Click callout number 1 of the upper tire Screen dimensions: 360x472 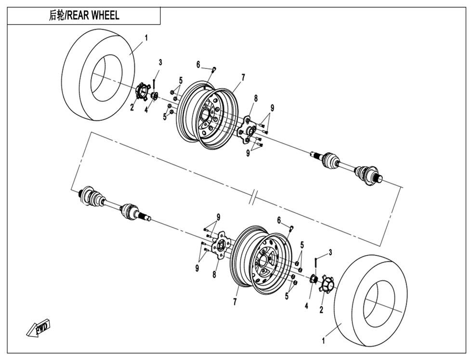[146, 38]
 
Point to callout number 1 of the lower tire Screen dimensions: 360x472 [323, 341]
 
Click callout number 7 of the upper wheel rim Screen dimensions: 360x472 [243, 77]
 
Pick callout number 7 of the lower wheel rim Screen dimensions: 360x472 [235, 302]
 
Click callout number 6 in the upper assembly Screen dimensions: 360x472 [198, 64]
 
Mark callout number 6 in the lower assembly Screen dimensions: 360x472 [279, 220]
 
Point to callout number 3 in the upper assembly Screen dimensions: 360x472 [160, 63]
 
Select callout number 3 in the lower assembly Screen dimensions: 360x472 [330, 252]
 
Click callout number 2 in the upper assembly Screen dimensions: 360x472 [131, 108]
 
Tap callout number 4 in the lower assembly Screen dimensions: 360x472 [306, 305]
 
